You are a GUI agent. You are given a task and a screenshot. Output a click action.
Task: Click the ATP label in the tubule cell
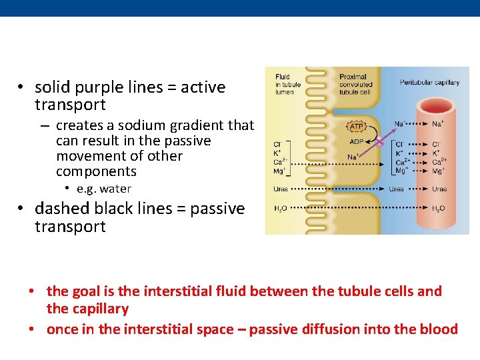357,126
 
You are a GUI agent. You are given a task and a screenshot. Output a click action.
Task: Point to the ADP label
357,141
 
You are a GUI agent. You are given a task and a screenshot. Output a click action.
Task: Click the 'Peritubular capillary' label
429,83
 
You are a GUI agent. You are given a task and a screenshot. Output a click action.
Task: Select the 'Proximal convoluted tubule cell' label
356,85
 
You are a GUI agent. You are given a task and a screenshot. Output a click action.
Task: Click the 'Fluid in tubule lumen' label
288,85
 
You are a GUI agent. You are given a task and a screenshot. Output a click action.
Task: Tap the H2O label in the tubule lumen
281,209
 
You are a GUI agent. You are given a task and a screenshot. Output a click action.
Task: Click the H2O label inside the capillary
438,209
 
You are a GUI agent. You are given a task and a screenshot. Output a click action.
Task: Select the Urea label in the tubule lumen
281,189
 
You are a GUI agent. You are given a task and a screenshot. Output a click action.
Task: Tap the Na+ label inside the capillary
438,123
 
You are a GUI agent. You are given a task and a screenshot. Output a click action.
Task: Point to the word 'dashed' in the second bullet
59,209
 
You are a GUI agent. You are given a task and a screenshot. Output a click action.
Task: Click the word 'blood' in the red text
439,329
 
